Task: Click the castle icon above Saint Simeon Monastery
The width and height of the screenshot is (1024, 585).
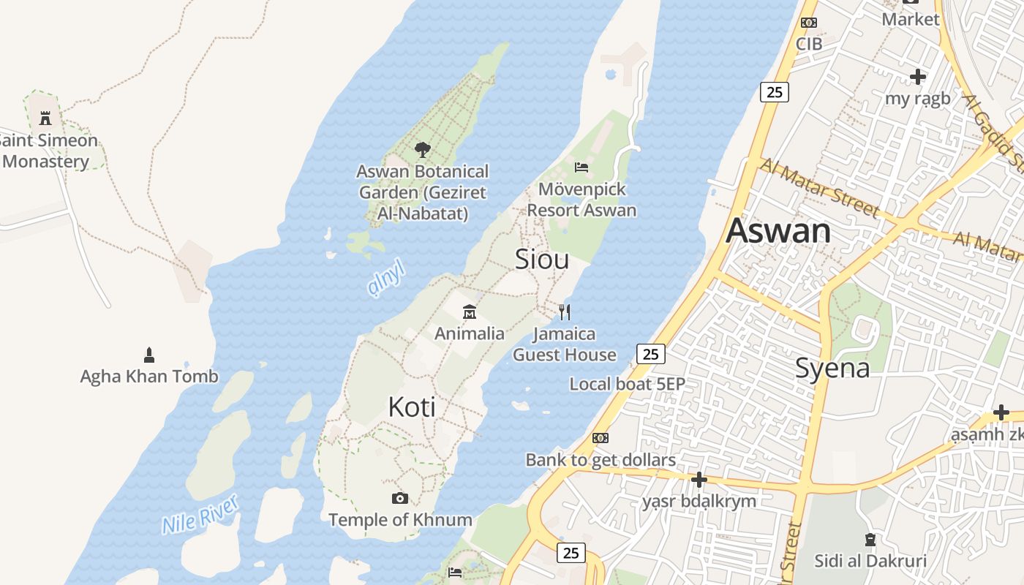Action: [x=45, y=118]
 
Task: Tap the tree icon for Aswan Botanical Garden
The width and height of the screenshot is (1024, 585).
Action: [x=422, y=150]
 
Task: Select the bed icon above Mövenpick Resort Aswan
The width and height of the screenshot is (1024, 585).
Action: [x=581, y=167]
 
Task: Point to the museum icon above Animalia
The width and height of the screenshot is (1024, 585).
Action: [x=470, y=312]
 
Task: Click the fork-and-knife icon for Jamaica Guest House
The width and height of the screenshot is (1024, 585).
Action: [x=564, y=312]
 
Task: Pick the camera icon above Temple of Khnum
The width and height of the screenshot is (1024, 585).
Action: [x=399, y=498]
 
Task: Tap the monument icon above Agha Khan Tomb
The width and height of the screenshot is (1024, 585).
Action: [x=149, y=355]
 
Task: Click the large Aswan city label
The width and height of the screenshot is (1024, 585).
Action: [x=778, y=231]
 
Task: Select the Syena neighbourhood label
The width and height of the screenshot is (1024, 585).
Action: [x=832, y=368]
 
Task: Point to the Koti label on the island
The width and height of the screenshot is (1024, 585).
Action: [x=412, y=407]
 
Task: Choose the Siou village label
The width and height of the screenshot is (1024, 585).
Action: [x=542, y=259]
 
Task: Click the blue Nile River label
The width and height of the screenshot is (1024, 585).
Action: [x=200, y=513]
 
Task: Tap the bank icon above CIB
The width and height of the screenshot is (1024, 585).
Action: [x=809, y=23]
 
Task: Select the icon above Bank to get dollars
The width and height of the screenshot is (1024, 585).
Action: [x=601, y=438]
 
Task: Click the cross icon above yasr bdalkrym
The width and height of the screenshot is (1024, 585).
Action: [x=699, y=480]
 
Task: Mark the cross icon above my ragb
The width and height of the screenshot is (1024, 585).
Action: [x=917, y=76]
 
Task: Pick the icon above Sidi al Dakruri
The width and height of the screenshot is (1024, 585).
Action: [x=870, y=540]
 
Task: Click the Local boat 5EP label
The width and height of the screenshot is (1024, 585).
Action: [x=627, y=384]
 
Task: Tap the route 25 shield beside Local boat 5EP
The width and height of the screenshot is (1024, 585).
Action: [x=650, y=355]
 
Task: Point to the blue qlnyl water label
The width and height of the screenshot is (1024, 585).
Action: [x=386, y=279]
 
